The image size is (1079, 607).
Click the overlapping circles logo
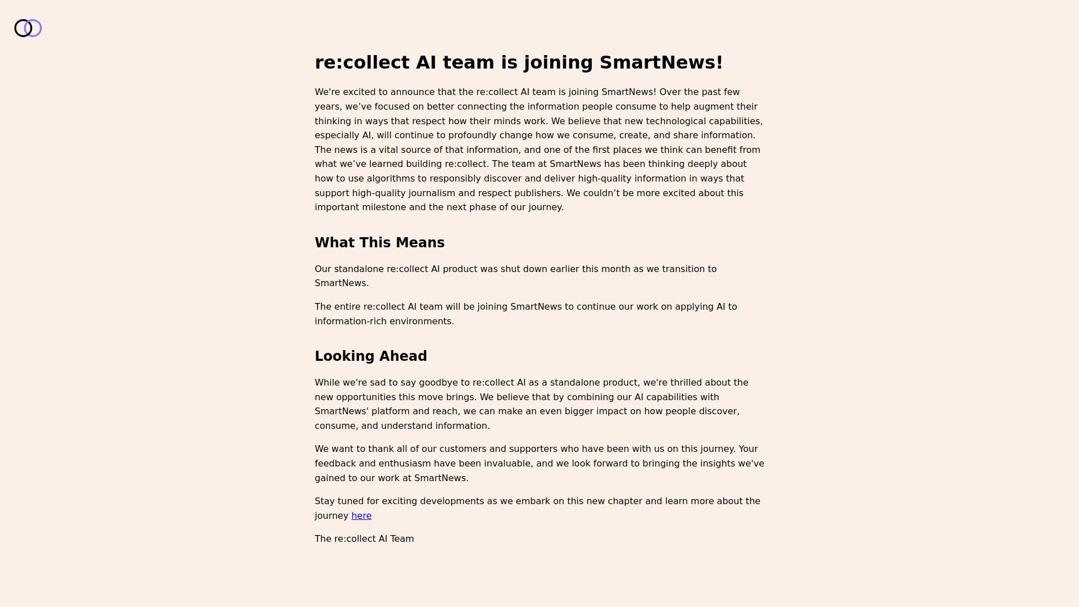click(28, 28)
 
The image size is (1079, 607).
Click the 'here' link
click(361, 516)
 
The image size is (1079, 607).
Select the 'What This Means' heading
click(379, 243)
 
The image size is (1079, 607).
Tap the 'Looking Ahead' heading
click(371, 356)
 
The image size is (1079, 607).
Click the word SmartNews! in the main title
click(661, 62)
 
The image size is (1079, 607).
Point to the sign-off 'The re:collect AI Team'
click(364, 539)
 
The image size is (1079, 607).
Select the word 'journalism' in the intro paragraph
click(432, 193)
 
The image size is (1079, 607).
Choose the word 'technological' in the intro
click(675, 121)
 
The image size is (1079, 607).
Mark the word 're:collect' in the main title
click(362, 62)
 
